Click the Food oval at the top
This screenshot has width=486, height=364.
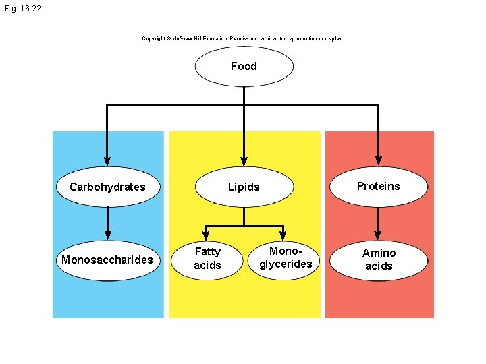(x=244, y=66)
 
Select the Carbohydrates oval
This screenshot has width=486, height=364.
(x=108, y=187)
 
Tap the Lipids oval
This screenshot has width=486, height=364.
(x=244, y=187)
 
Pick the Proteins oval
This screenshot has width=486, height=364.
(x=379, y=186)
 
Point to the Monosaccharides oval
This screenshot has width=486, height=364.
(x=108, y=260)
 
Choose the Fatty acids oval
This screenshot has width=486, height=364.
(x=207, y=261)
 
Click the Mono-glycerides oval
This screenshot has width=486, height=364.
(x=283, y=260)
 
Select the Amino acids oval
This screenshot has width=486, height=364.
(x=379, y=260)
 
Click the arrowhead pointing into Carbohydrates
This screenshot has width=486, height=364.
(x=107, y=161)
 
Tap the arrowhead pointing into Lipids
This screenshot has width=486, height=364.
(x=244, y=161)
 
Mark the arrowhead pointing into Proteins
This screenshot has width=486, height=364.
(x=379, y=160)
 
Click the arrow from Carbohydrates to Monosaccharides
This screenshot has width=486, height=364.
(x=108, y=224)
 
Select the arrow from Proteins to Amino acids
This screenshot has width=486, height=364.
(x=377, y=224)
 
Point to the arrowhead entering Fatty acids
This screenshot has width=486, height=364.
(x=205, y=236)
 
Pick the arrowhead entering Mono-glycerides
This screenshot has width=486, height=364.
(x=283, y=236)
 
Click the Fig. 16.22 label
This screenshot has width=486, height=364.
(x=23, y=9)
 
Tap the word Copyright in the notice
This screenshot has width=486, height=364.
(x=153, y=38)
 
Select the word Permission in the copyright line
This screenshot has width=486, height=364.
(x=243, y=38)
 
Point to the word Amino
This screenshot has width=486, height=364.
(x=379, y=253)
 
